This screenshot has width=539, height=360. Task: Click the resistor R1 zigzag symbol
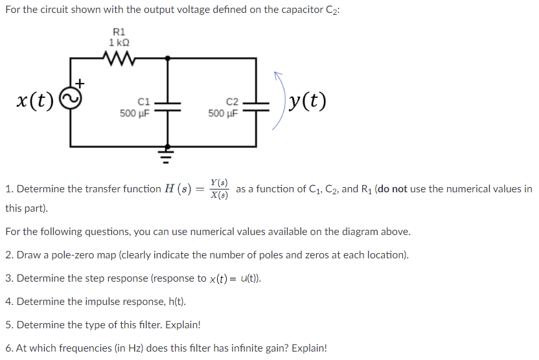tap(119, 58)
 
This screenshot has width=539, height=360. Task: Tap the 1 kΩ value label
tap(119, 43)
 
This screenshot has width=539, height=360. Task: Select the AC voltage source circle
tap(71, 98)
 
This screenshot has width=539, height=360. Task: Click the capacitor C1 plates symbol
tap(168, 106)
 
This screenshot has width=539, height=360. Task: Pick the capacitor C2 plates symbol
tap(256, 106)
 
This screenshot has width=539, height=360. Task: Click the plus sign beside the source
tap(80, 83)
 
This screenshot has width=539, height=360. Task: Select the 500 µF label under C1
tap(134, 113)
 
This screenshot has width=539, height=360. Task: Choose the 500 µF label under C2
tap(223, 113)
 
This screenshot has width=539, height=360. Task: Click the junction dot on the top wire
tap(168, 58)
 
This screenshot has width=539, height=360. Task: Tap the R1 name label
tap(119, 32)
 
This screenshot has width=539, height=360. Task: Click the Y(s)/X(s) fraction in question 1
tap(219, 189)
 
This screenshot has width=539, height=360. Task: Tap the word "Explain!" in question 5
tap(183, 325)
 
